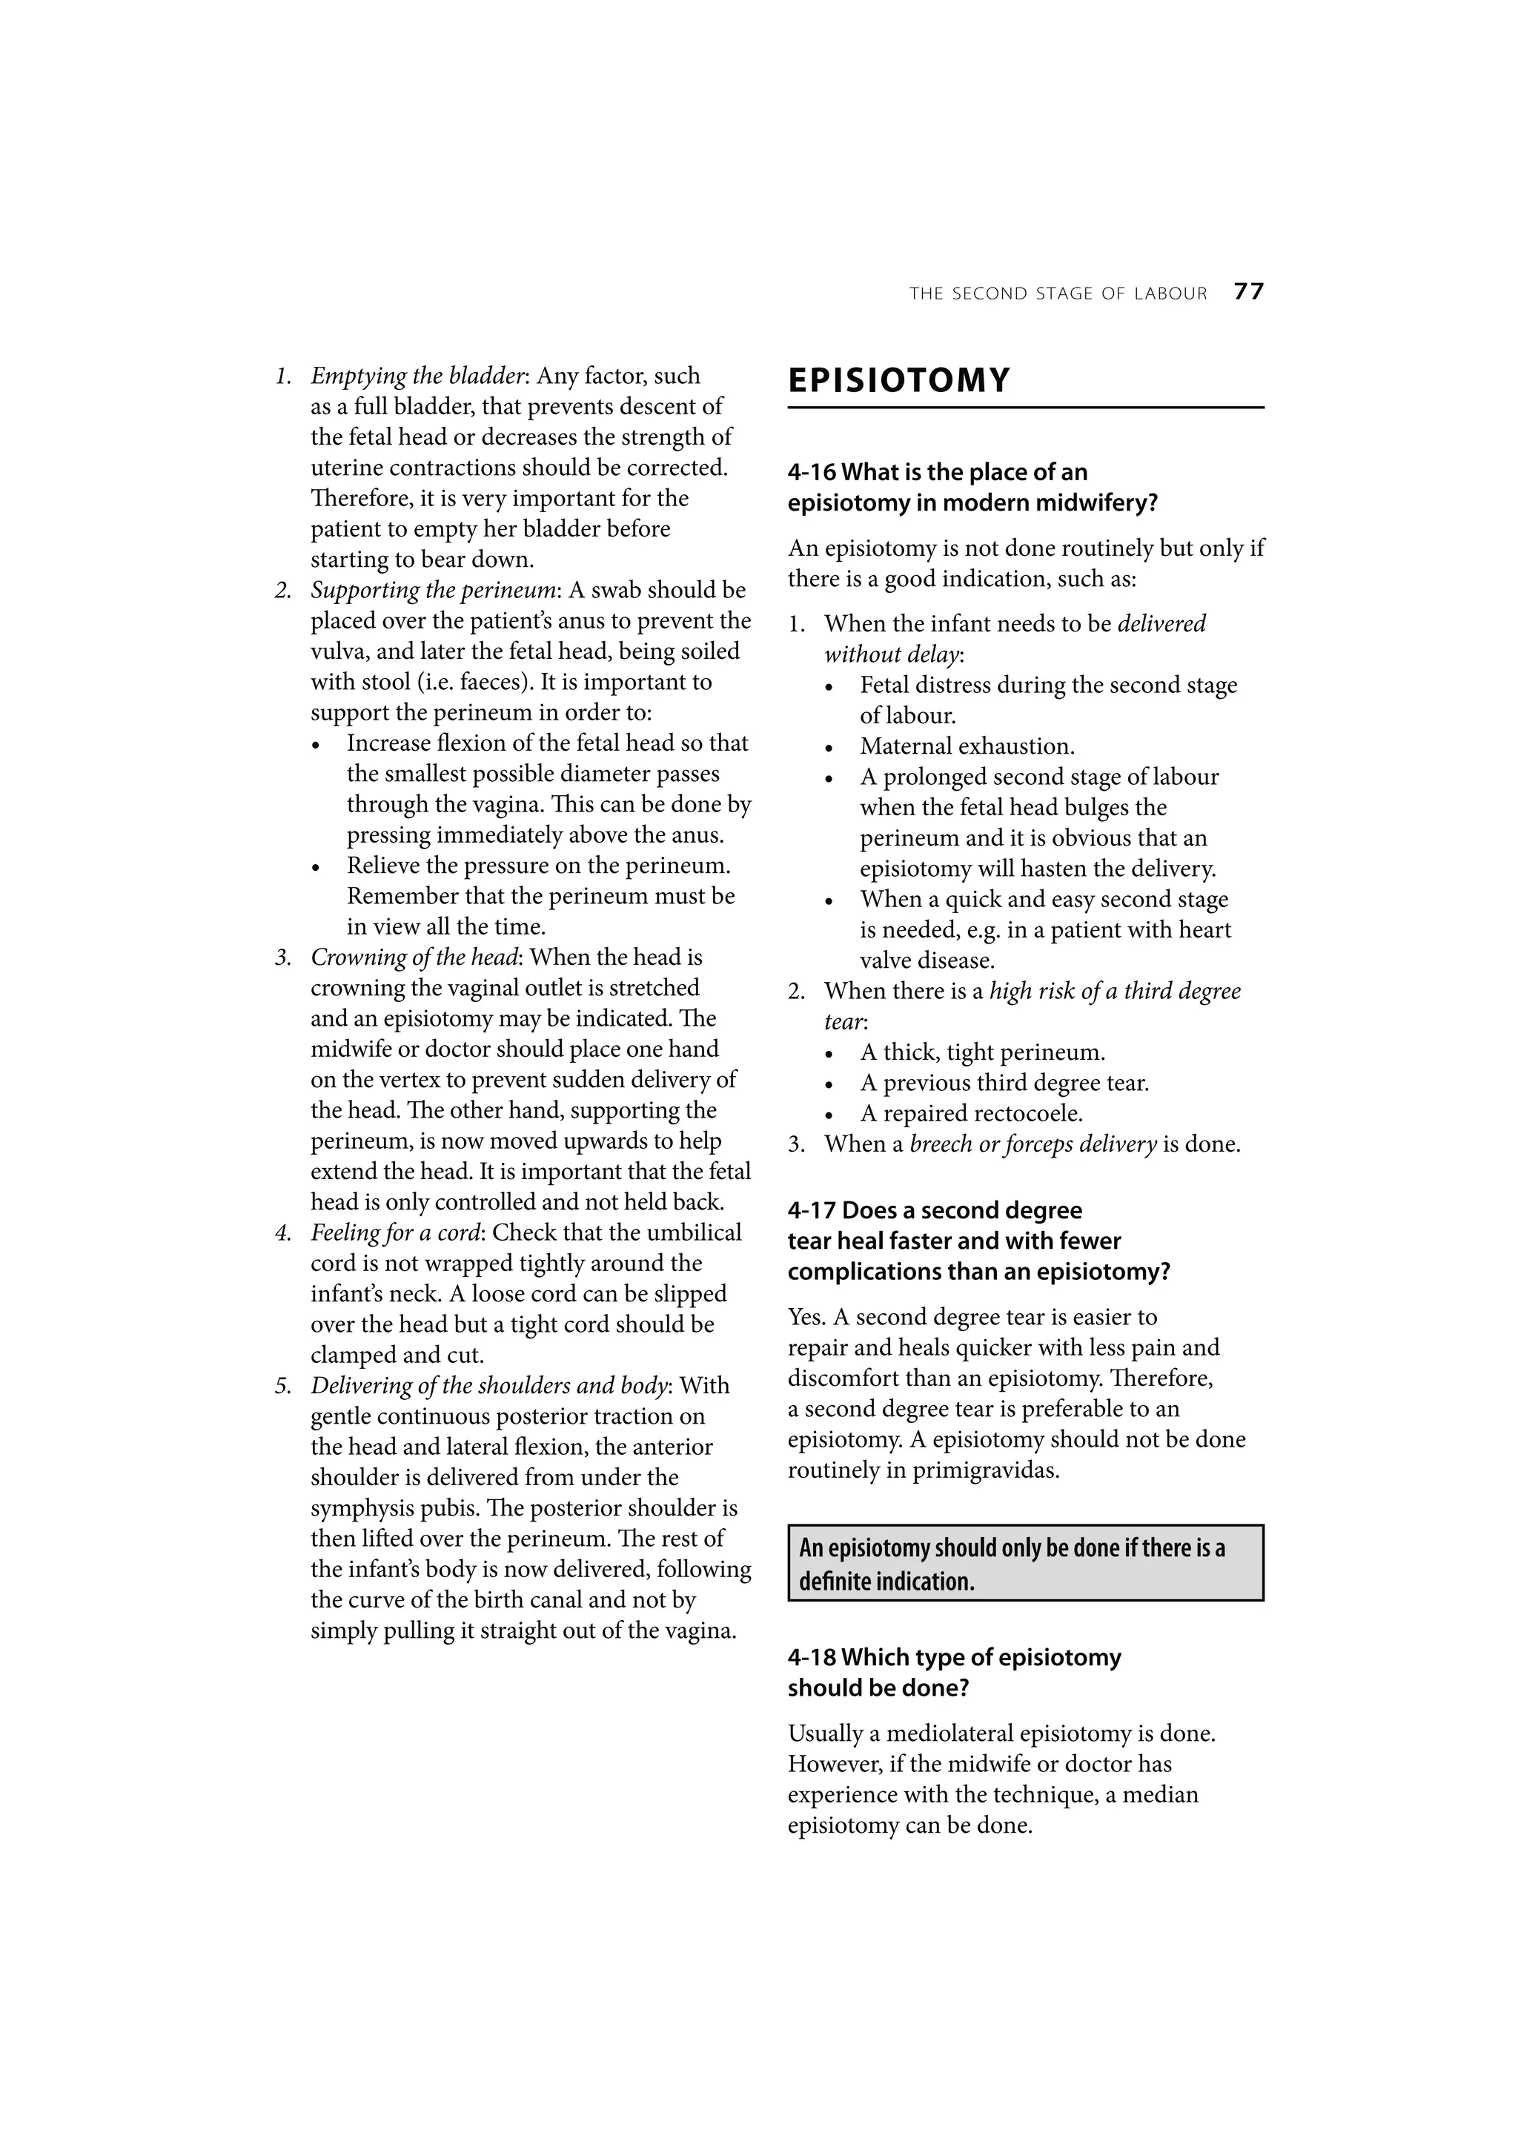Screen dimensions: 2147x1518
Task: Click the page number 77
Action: click(1249, 292)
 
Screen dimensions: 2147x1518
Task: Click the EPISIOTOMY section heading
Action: click(899, 382)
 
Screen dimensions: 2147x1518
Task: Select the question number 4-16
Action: click(811, 472)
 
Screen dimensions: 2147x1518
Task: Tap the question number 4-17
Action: click(811, 1210)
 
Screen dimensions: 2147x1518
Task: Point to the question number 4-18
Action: click(811, 1657)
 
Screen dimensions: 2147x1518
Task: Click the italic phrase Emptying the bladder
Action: click(417, 376)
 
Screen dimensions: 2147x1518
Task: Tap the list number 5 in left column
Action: click(282, 1386)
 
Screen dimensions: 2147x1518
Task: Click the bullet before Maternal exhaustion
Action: click(829, 748)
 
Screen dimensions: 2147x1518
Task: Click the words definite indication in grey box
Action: click(886, 1582)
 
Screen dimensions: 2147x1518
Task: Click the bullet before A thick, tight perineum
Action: click(829, 1054)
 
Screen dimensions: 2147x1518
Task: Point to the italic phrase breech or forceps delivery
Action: click(1033, 1144)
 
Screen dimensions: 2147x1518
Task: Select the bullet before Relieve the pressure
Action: click(317, 868)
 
